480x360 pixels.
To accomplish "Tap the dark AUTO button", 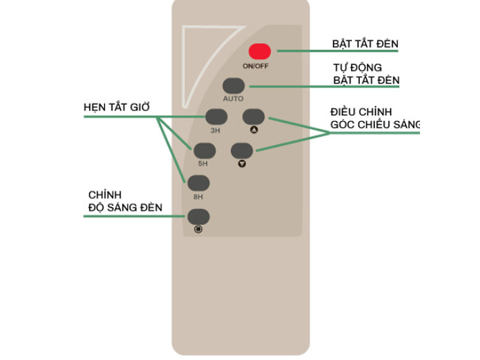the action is [x=233, y=86].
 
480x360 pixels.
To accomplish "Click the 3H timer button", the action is [x=216, y=117].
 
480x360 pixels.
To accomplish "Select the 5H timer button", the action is [x=204, y=151].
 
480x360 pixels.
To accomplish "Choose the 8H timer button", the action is [x=198, y=183].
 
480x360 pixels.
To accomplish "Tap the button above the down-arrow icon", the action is [x=242, y=151].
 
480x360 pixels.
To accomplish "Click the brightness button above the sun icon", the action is [x=198, y=217].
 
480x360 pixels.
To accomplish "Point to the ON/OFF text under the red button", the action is [x=256, y=66].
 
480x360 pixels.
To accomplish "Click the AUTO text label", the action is [x=233, y=99].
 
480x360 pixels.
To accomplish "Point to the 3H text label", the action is [x=215, y=130].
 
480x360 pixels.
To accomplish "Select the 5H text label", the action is [x=203, y=164].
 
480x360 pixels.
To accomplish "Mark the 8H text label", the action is [x=198, y=197].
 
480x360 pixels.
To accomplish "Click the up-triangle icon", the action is [x=254, y=130].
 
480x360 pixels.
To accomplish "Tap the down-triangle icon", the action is [x=242, y=164].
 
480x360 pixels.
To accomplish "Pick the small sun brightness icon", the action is [x=198, y=229].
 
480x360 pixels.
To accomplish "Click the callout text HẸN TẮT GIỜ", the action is [x=116, y=107].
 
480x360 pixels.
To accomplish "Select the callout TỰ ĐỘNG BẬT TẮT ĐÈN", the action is [x=366, y=74].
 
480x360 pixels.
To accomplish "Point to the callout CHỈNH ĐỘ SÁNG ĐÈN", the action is [x=125, y=201].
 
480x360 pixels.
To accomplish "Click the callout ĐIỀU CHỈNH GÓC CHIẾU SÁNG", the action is [x=375, y=118].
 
